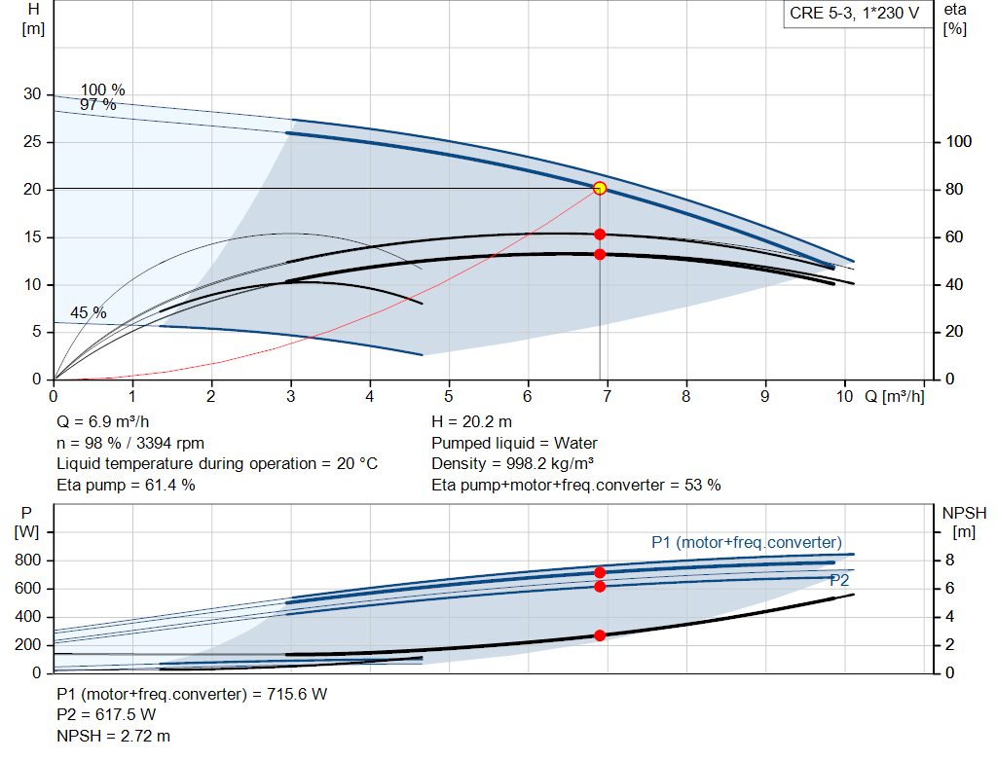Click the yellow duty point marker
[600, 188]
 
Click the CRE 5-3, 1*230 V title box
[854, 15]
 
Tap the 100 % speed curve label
[102, 90]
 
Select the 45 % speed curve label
[88, 312]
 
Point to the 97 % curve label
[97, 104]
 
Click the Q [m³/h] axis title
[893, 397]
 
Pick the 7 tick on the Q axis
[607, 397]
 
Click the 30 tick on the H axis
[33, 94]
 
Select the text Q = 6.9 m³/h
[103, 421]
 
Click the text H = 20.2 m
[471, 421]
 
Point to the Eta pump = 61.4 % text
[126, 485]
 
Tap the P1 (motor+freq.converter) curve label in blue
[746, 542]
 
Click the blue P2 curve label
[839, 580]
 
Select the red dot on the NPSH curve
[600, 634]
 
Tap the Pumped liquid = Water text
[514, 443]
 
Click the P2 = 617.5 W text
[106, 716]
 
